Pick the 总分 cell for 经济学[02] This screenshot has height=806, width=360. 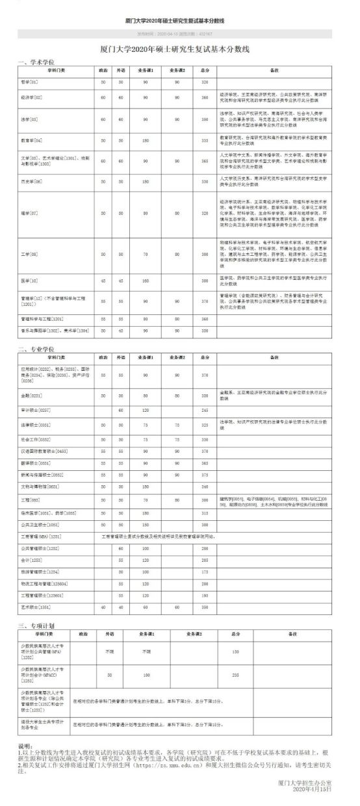pyautogui.click(x=205, y=97)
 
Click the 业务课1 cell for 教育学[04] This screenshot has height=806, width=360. pyautogui.click(x=146, y=140)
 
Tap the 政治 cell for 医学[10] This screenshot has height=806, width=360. pyautogui.click(x=103, y=281)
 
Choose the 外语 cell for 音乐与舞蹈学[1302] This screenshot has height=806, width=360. pyautogui.click(x=121, y=331)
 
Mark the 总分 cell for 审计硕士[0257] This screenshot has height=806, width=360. pyautogui.click(x=205, y=410)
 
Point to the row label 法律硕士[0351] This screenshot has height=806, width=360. pyautogui.click(x=37, y=424)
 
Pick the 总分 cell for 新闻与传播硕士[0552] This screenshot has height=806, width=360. pyautogui.click(x=205, y=474)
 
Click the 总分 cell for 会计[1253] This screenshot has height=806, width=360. pyautogui.click(x=205, y=560)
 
